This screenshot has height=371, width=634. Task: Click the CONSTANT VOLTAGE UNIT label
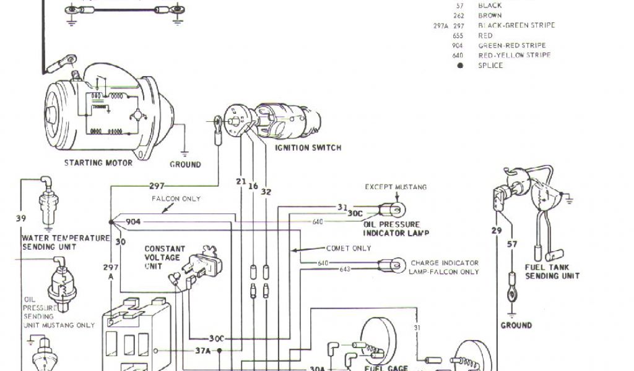[162, 257]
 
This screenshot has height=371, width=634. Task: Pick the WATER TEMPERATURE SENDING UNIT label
[66, 242]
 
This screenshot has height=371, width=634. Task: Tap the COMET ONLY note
[349, 248]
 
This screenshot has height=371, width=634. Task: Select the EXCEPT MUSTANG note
[396, 187]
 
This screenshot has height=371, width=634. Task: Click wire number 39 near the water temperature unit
[22, 218]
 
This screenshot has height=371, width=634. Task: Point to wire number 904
[133, 221]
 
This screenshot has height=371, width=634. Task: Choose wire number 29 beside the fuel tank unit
[497, 231]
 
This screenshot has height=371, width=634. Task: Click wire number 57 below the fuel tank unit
[512, 244]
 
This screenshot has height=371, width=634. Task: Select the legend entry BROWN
[490, 15]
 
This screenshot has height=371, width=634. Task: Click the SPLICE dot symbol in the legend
[459, 65]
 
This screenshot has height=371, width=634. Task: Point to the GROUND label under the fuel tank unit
[516, 325]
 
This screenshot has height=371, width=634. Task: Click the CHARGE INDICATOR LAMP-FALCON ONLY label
[444, 267]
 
